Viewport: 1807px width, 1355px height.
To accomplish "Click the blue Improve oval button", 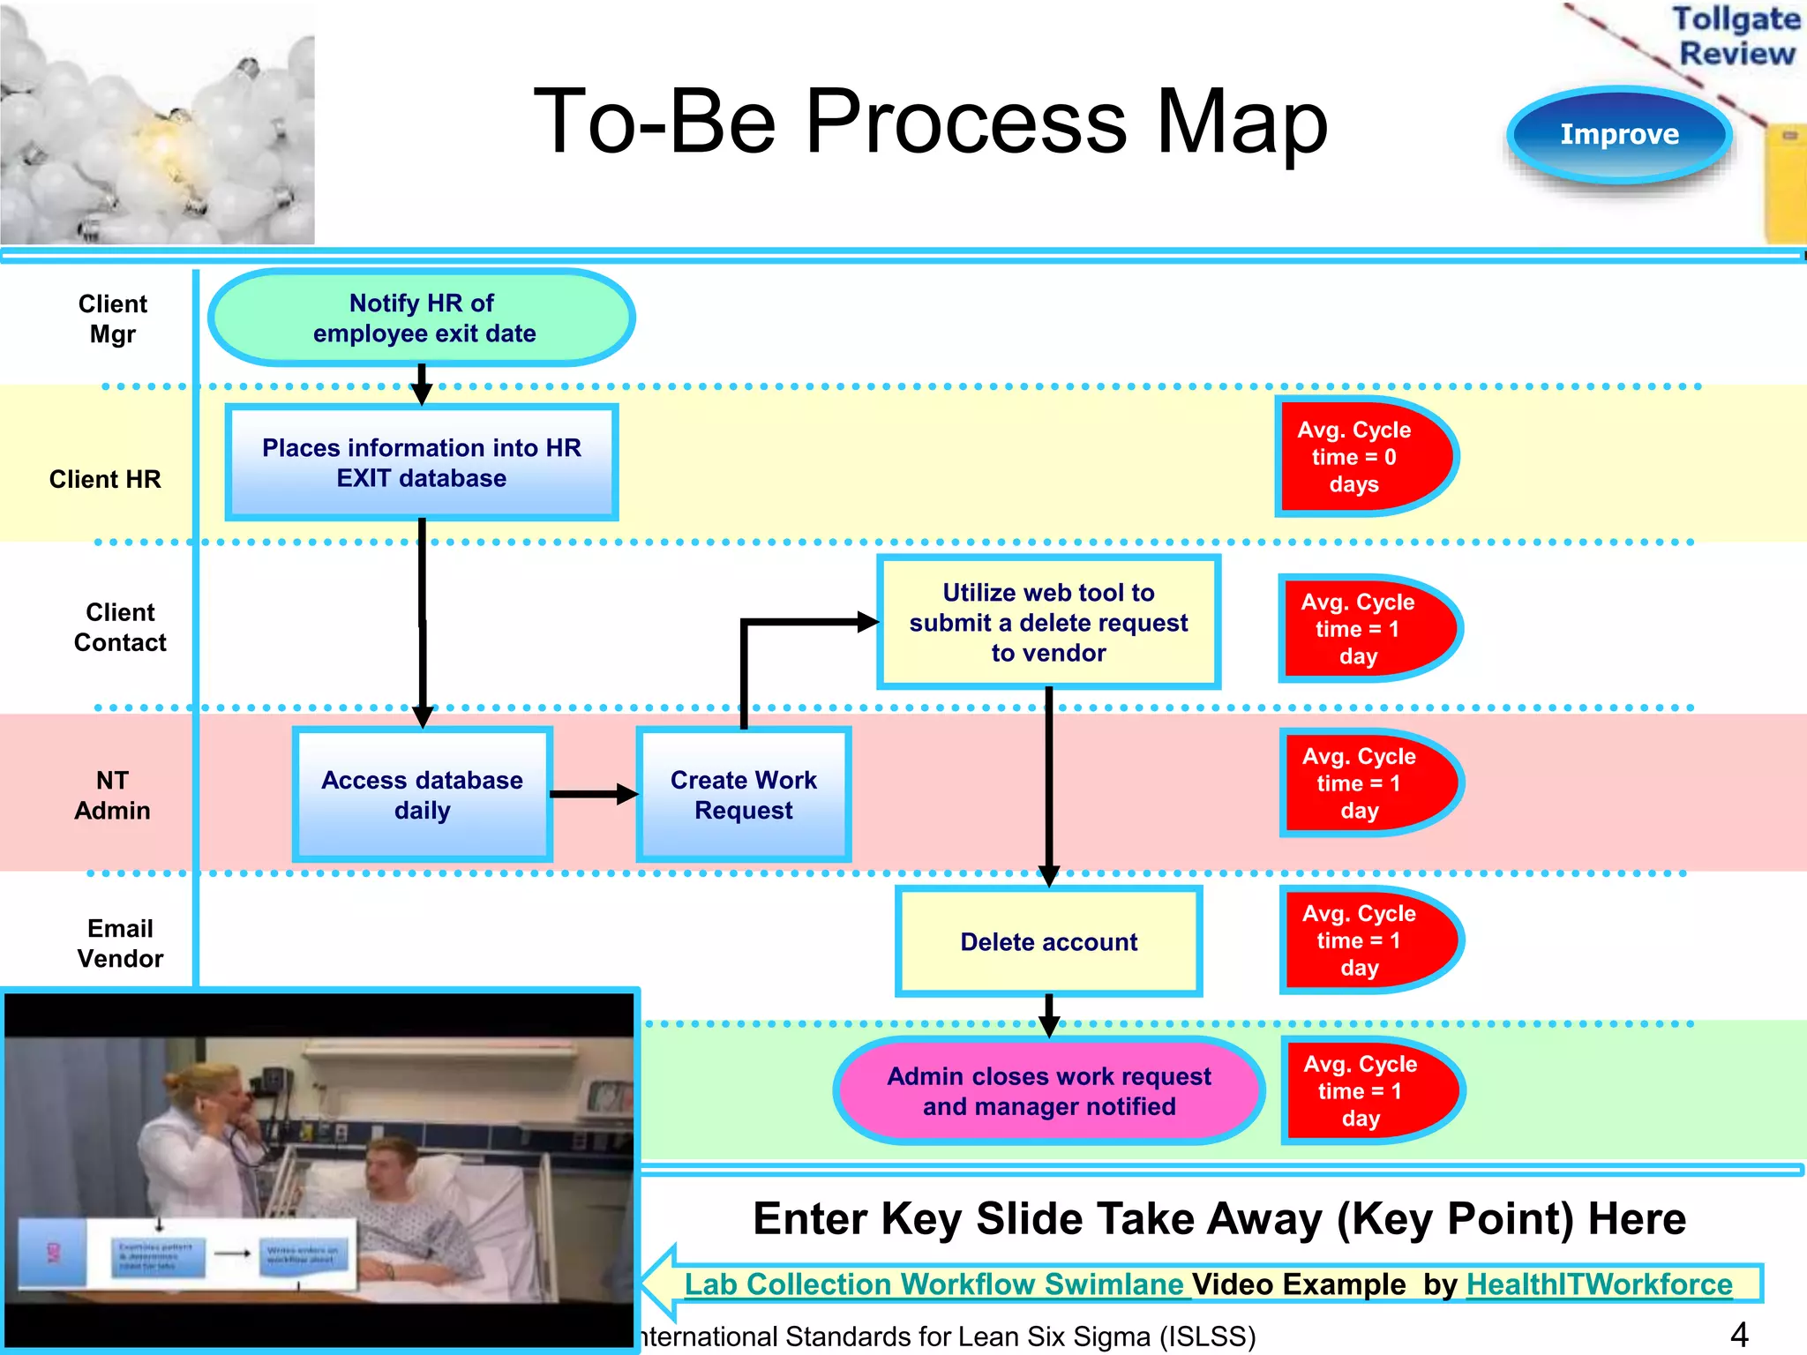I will tap(1619, 134).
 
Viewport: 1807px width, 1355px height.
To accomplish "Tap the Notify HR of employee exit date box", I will tap(422, 318).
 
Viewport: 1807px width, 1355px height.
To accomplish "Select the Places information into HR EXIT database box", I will tap(422, 462).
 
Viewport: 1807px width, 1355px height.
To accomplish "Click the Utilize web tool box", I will tap(1048, 622).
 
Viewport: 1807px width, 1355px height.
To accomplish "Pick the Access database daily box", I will tap(422, 794).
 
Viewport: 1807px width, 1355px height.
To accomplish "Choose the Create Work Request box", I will tap(743, 794).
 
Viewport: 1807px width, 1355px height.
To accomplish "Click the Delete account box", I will tap(1048, 941).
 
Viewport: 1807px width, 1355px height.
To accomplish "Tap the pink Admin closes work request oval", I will tap(1048, 1091).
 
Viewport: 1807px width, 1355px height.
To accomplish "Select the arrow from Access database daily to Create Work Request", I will tap(593, 794).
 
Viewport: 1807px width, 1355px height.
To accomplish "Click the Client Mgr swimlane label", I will tap(112, 318).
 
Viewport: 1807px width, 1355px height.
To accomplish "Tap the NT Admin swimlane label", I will tap(112, 795).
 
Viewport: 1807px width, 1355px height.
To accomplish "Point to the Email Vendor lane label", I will tap(120, 943).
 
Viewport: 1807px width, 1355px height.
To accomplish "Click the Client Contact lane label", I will tap(120, 627).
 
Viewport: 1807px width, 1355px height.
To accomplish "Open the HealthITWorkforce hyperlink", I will tap(1599, 1284).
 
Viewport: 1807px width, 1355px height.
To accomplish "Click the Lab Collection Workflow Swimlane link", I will tap(933, 1284).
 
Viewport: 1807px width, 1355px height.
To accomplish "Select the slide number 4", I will tap(1738, 1334).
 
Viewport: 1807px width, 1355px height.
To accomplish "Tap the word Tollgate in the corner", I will tap(1735, 19).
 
